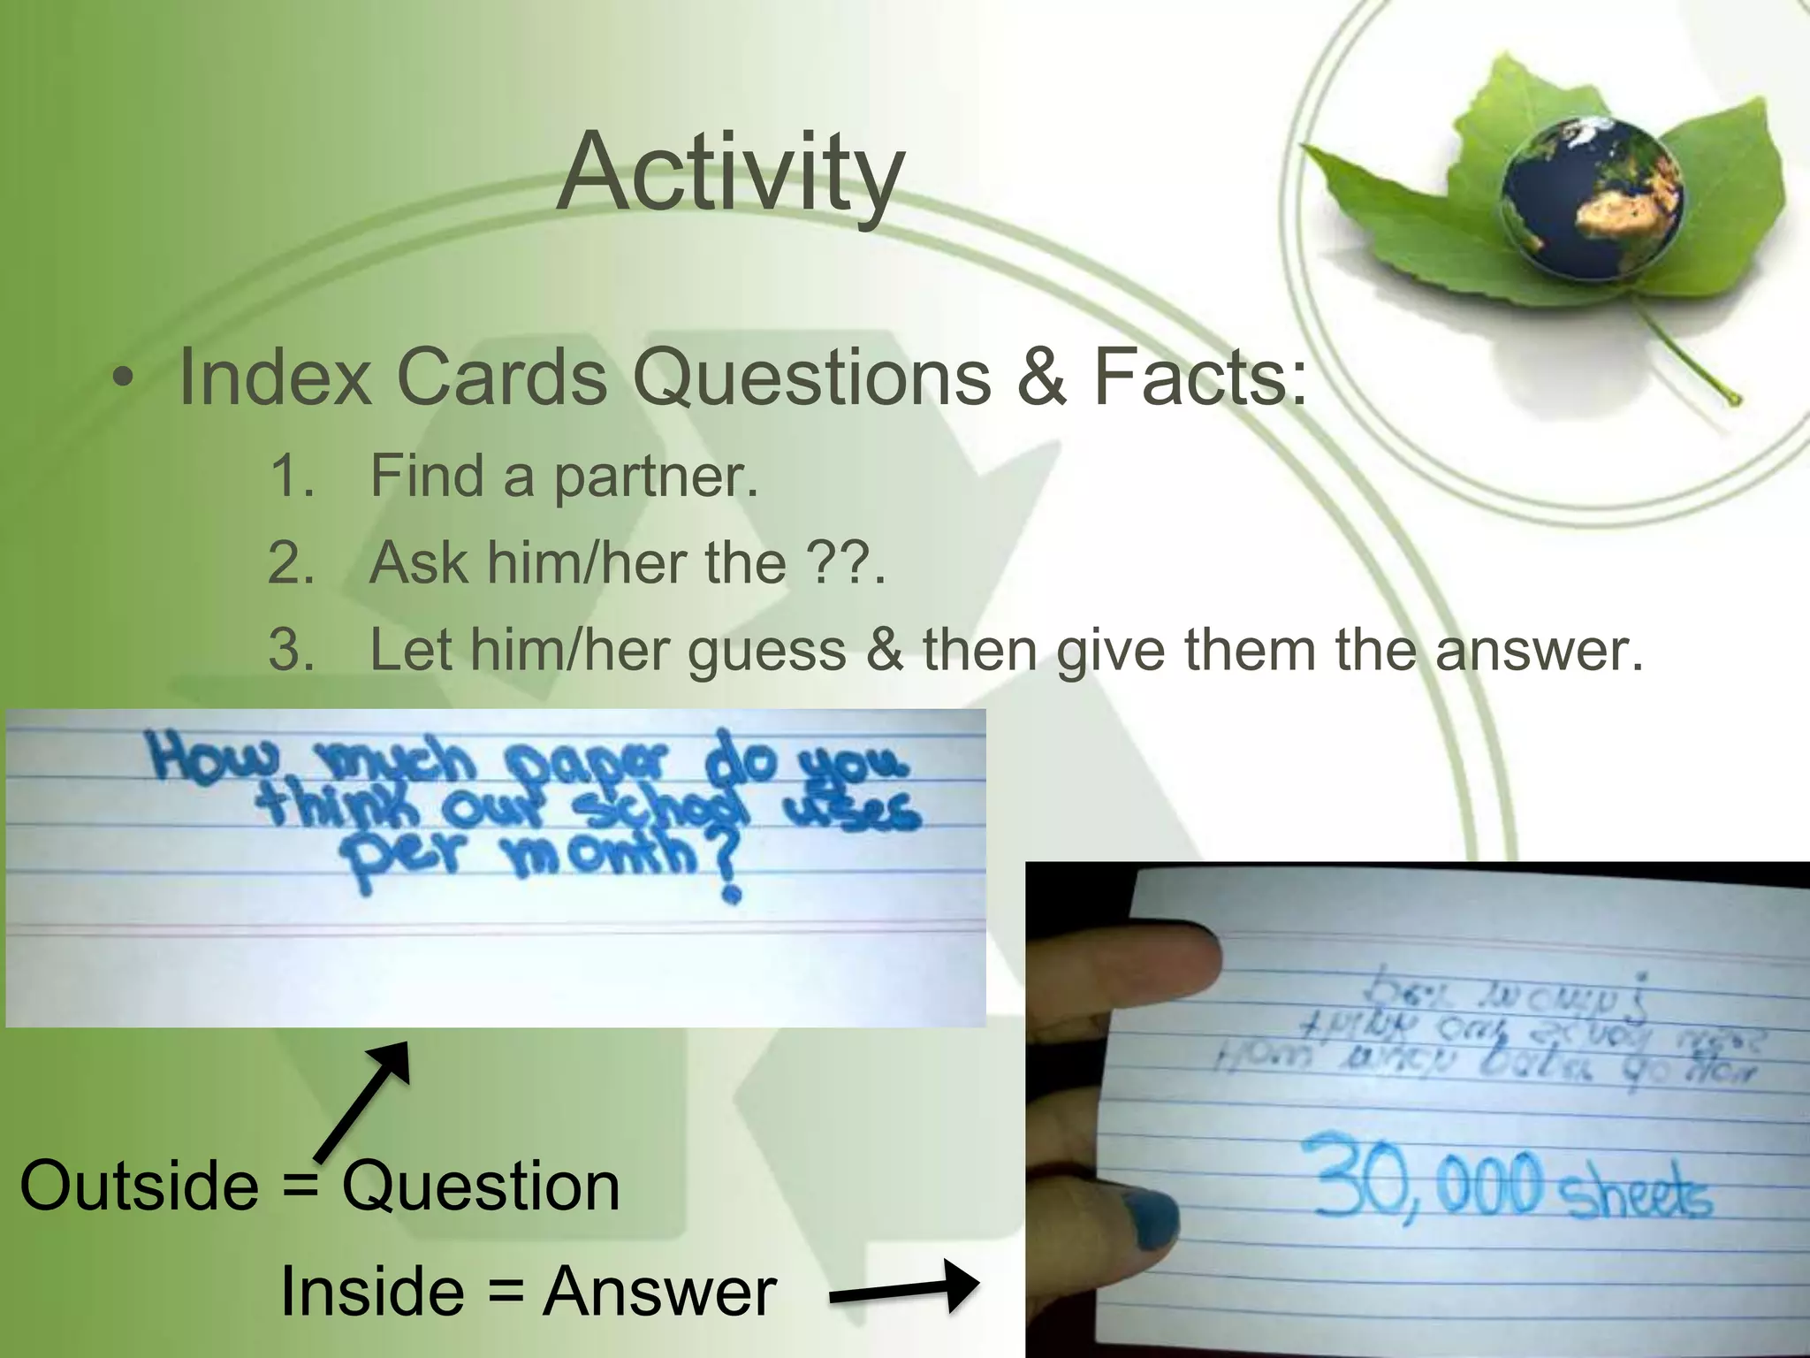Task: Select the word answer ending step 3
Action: [1537, 652]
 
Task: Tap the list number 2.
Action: [292, 563]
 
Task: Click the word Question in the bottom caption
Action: [481, 1186]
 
